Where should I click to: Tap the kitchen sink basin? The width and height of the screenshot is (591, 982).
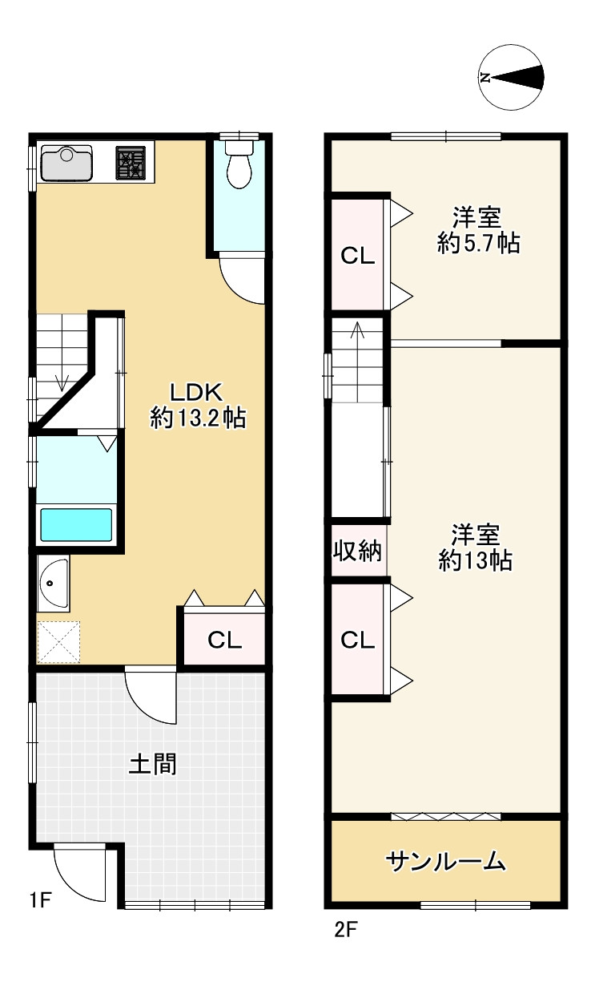pyautogui.click(x=66, y=163)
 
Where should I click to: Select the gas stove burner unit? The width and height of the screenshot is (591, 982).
pyautogui.click(x=131, y=163)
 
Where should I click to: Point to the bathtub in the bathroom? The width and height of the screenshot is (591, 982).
pyautogui.click(x=76, y=525)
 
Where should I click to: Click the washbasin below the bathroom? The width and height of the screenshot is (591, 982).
pyautogui.click(x=53, y=583)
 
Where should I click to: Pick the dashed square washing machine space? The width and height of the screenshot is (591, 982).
pyautogui.click(x=58, y=641)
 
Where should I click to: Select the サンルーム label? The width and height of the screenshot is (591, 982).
pyautogui.click(x=445, y=862)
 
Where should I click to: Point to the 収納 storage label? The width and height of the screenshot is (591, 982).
pyautogui.click(x=357, y=551)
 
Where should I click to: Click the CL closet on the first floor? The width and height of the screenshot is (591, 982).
pyautogui.click(x=225, y=640)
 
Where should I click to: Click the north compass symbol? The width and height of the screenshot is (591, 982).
pyautogui.click(x=511, y=77)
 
